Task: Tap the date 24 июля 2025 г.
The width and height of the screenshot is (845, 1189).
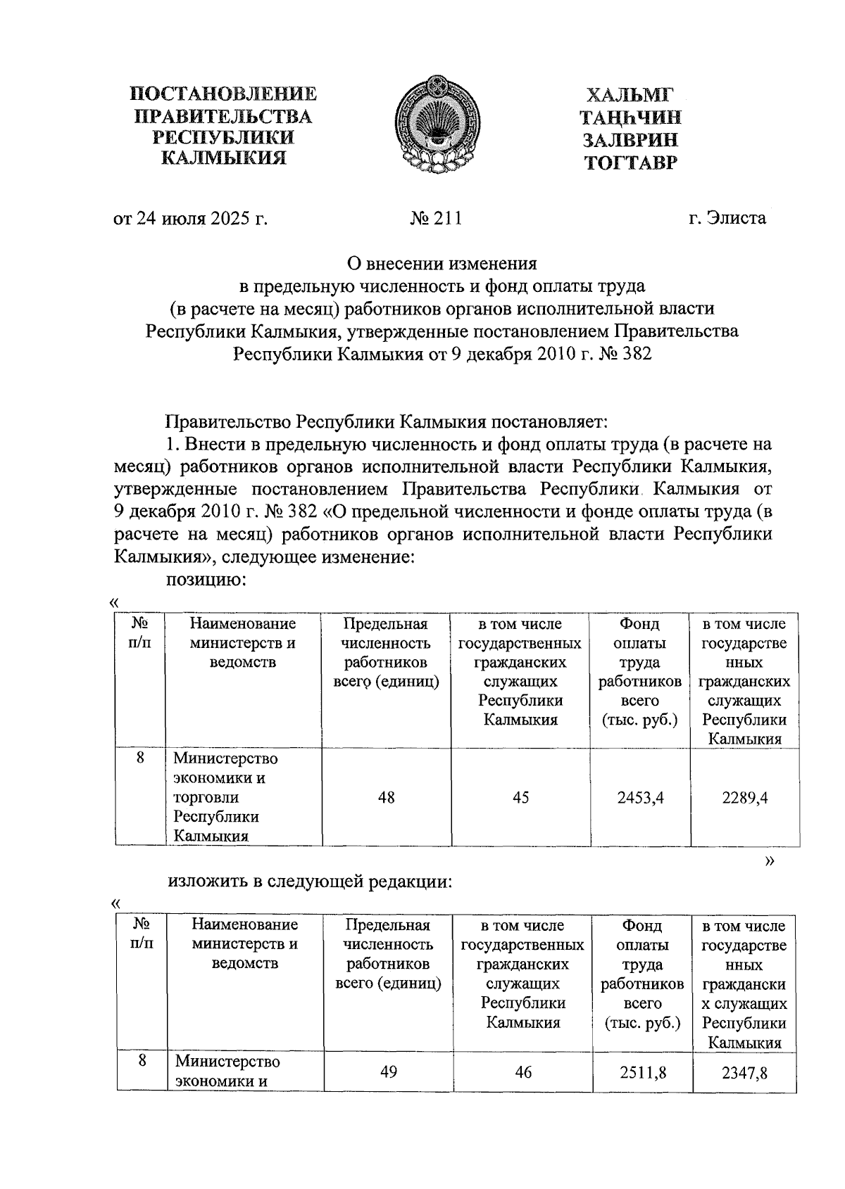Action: click(191, 218)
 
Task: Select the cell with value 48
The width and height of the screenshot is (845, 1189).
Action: click(386, 797)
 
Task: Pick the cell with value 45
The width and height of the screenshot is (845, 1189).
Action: click(521, 797)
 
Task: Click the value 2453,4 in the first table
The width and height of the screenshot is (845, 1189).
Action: click(641, 797)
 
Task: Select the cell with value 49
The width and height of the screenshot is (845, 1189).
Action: click(389, 1072)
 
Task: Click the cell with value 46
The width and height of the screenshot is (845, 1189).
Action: click(523, 1072)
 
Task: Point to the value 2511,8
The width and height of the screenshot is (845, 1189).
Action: click(643, 1072)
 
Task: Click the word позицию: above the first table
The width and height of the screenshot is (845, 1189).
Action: click(205, 579)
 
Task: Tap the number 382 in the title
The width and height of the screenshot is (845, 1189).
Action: click(637, 354)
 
